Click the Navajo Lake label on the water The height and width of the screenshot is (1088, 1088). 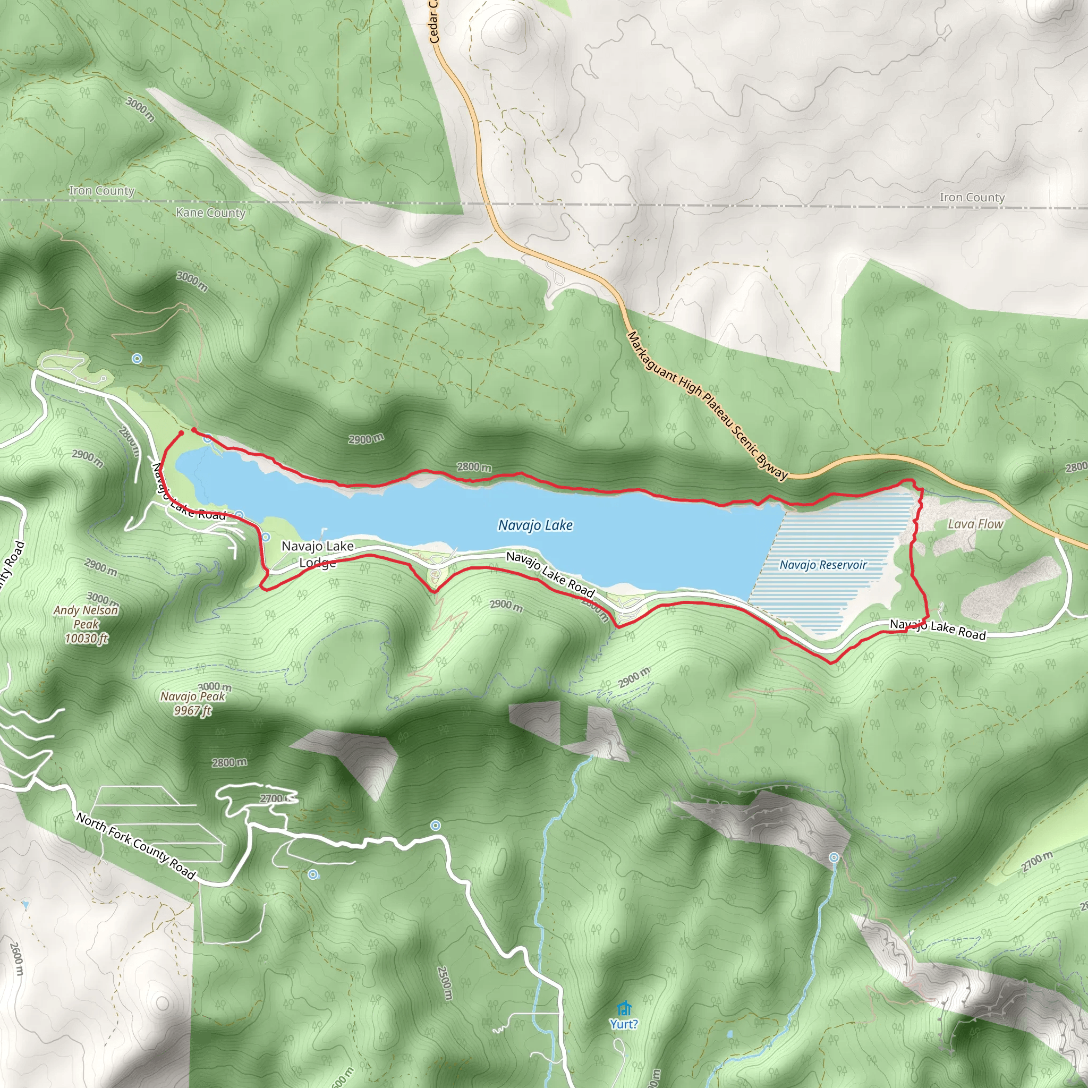click(x=535, y=525)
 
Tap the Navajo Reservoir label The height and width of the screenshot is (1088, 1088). click(x=823, y=565)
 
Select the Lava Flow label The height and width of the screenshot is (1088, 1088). click(x=975, y=524)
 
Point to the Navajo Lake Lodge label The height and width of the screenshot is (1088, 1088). click(x=318, y=554)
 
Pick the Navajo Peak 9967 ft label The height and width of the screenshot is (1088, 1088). click(x=193, y=703)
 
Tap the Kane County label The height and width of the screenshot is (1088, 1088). click(x=210, y=213)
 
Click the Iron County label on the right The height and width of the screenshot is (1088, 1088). click(x=972, y=198)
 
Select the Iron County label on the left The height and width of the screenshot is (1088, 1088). click(x=101, y=191)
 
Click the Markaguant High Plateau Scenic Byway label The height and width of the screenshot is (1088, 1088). click(x=707, y=405)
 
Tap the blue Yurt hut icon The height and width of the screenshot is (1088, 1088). click(x=623, y=1007)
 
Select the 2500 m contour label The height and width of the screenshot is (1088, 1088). click(x=445, y=983)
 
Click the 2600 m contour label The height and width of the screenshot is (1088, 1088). click(x=17, y=959)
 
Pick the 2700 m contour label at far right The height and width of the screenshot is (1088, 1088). click(x=1037, y=862)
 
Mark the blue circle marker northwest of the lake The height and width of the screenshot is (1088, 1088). click(x=137, y=358)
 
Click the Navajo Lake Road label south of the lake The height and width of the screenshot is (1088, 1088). click(x=550, y=574)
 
